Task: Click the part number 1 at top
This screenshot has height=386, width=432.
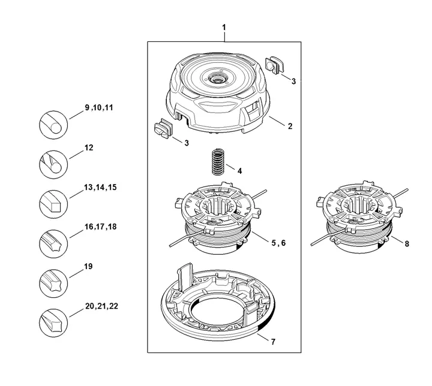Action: [x=224, y=28]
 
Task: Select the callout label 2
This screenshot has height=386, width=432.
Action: [x=290, y=126]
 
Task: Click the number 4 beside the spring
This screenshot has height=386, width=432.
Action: [x=239, y=170]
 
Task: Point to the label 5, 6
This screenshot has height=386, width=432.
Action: [x=278, y=243]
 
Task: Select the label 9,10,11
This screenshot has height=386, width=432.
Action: [x=100, y=107]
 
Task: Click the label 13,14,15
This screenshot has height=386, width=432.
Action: [x=100, y=188]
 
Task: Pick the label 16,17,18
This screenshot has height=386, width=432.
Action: [x=100, y=227]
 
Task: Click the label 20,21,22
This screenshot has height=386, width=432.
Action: [x=101, y=306]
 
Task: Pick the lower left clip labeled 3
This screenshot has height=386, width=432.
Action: [x=163, y=128]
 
